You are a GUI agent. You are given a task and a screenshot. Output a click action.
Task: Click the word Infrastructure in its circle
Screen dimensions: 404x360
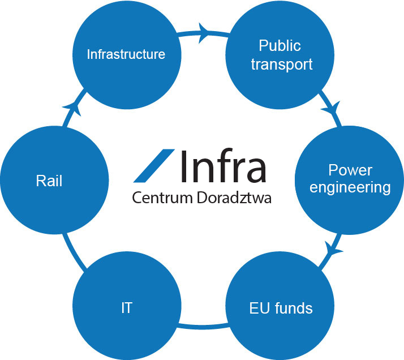(x=126, y=54)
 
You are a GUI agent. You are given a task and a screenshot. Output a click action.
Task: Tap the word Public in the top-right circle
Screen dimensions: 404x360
(x=280, y=46)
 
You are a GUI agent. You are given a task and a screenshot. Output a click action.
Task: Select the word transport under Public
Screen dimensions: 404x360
(x=282, y=65)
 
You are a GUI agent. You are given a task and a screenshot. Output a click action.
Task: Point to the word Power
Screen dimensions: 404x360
(x=350, y=170)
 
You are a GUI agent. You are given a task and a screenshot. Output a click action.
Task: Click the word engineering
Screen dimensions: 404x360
(x=350, y=187)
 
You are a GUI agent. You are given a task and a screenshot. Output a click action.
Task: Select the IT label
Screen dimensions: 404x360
(x=127, y=308)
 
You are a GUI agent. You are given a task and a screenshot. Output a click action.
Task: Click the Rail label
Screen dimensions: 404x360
(x=49, y=181)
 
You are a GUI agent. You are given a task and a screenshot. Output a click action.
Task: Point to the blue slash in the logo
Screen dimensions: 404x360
(x=154, y=166)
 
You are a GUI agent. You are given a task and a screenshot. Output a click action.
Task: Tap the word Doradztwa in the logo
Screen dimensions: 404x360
(x=234, y=198)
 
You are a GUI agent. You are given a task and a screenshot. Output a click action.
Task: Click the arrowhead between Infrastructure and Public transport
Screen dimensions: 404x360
(x=205, y=33)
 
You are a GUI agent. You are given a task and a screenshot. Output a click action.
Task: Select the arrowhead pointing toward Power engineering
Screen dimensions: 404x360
(x=332, y=109)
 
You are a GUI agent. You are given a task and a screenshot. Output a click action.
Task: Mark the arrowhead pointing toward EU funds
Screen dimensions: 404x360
(x=333, y=249)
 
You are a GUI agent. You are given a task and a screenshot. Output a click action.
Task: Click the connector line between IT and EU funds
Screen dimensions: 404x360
(x=204, y=327)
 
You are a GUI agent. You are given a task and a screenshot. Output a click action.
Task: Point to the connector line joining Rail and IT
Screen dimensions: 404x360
(x=74, y=252)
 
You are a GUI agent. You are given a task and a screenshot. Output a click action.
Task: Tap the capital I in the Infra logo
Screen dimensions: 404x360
(x=184, y=166)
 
